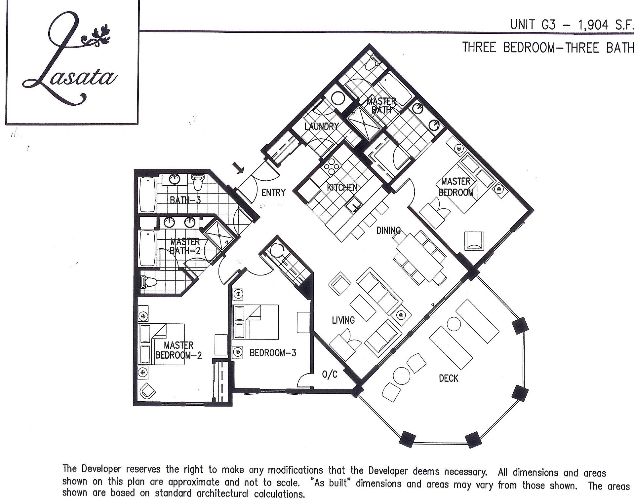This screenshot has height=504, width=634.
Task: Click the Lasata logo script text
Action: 71,63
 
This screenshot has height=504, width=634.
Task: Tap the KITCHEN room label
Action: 342,188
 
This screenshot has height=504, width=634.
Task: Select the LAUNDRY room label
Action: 321,126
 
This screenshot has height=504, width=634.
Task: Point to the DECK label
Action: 448,378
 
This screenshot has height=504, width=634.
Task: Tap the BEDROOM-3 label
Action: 273,353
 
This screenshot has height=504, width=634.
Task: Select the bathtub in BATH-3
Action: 147,195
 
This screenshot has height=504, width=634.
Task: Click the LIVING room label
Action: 343,320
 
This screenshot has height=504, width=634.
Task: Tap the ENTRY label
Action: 273,193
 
